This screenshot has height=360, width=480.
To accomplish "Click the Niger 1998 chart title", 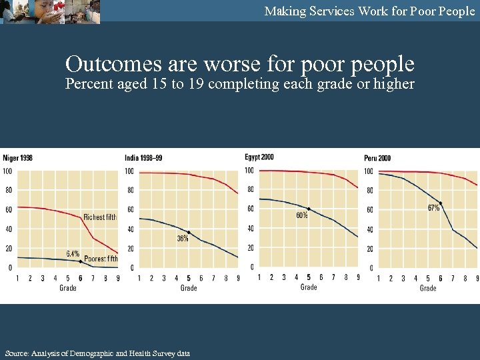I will pos(18,158).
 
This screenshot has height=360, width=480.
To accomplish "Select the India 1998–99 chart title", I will pos(143,158).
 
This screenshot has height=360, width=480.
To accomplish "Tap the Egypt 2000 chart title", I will pos(259,157).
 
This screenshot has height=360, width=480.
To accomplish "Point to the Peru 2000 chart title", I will pos(377,158).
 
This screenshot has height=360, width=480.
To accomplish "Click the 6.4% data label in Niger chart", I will pos(73,253).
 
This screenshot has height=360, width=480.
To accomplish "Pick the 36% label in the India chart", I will pos(182,239).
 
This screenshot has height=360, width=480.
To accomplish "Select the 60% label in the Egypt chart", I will pos(301,215).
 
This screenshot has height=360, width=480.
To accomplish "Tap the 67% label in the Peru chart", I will pos(433,208).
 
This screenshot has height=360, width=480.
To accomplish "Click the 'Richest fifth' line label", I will pos(100,217).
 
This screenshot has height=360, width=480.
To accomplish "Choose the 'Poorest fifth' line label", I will pos(101,259).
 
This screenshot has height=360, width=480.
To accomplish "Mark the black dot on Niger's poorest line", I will pos(81,261).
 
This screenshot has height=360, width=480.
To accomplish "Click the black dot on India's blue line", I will pos(189,233).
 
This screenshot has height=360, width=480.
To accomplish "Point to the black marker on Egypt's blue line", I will pos(308,209).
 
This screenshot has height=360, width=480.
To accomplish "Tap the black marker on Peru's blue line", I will pos(441,203).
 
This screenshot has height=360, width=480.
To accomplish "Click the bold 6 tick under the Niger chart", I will pos(81,278).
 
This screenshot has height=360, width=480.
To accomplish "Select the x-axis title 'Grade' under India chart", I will pos(189,288).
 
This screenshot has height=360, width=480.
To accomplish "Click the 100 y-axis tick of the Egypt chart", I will pos(249,171).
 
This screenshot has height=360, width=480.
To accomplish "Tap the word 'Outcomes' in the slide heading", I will pos(113,64).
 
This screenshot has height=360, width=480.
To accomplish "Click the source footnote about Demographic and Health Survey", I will pos(97,353).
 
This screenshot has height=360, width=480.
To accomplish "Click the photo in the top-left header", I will pos(50,12).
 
